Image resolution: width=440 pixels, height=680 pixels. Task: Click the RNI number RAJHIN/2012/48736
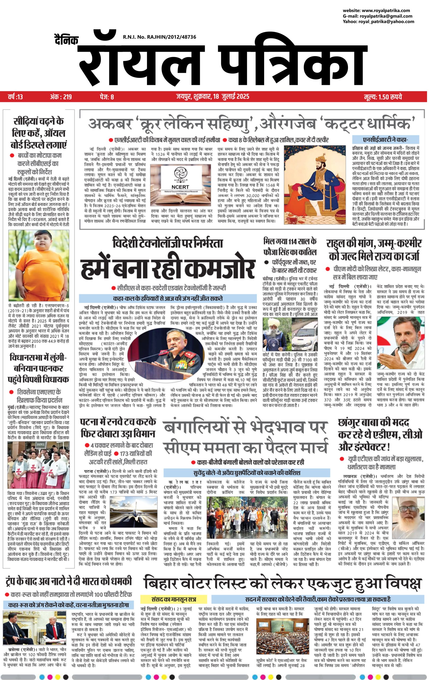159,37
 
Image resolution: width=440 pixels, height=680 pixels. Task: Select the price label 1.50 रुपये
383,97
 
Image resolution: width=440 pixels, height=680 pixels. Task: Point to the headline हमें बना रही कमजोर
167,268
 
